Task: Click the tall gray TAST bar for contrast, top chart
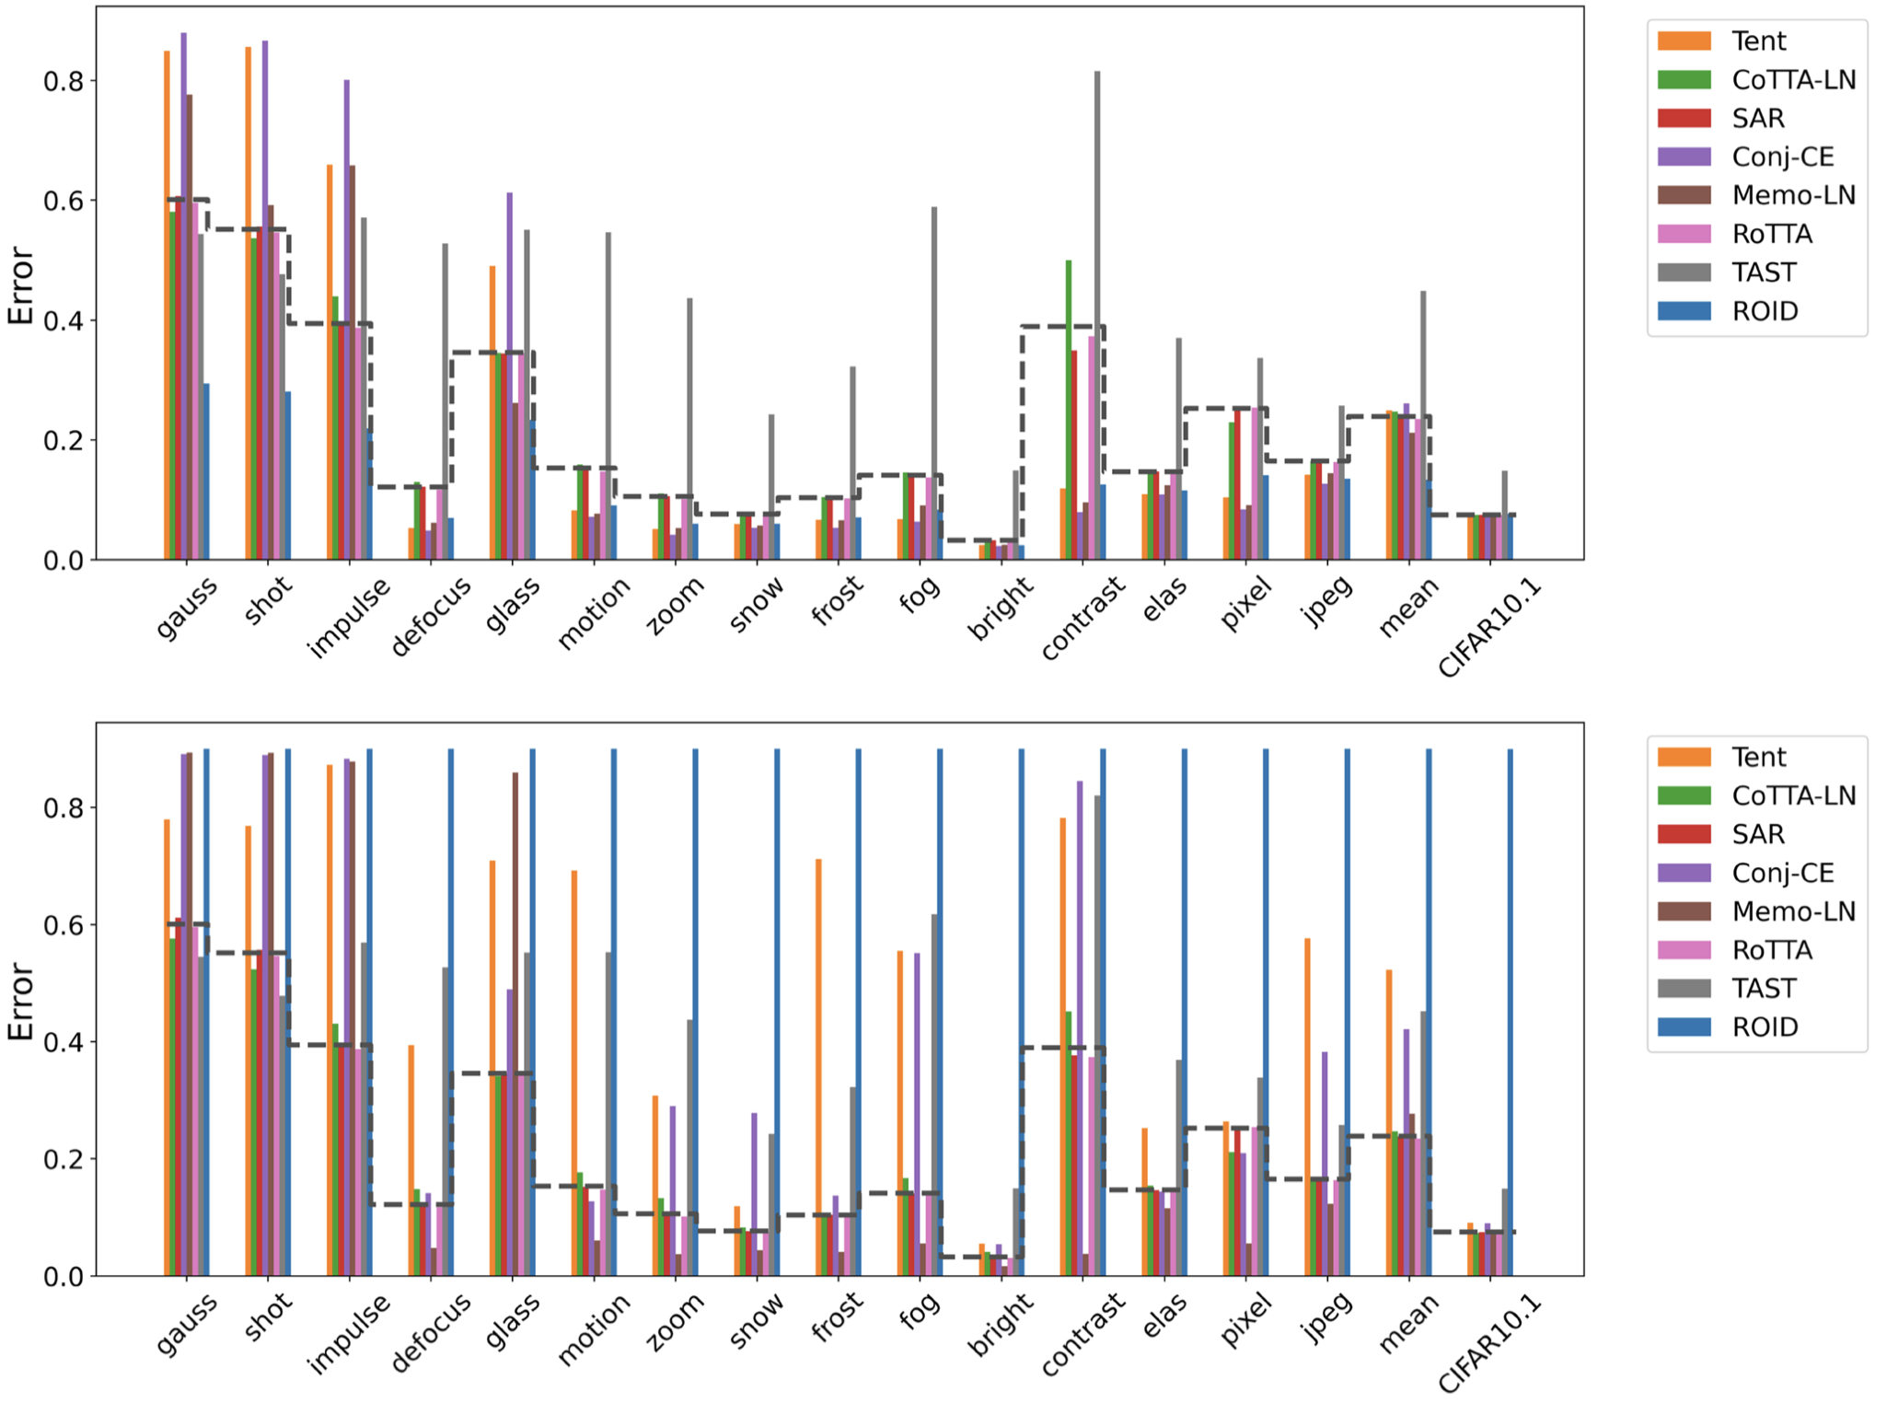point(1097,313)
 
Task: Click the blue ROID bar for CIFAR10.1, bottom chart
point(1511,1013)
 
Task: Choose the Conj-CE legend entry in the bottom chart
point(1782,873)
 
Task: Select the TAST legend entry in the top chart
point(1763,272)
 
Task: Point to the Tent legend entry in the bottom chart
point(1758,757)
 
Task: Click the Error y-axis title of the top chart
point(20,285)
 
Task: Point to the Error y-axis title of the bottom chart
point(20,1002)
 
